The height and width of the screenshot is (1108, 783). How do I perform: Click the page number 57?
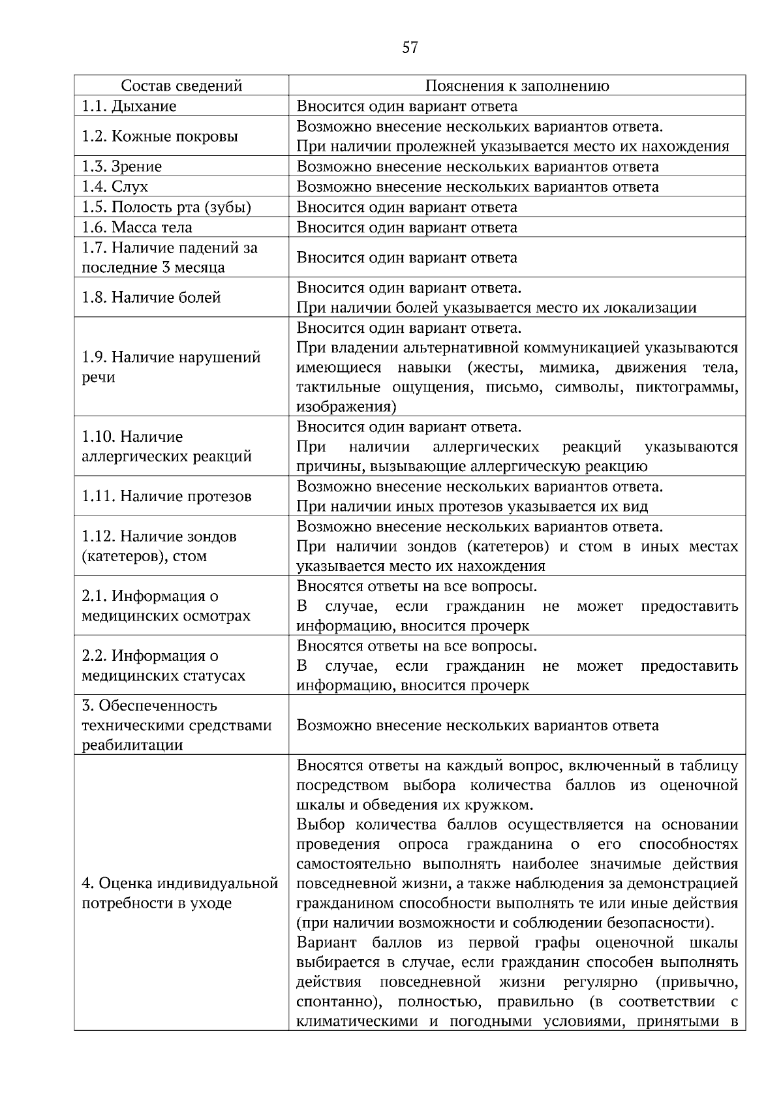coord(410,48)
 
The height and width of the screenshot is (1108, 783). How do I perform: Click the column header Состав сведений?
coord(182,86)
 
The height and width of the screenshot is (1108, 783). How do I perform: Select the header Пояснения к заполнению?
coord(517,86)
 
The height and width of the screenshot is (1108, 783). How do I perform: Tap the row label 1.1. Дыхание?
coord(129,106)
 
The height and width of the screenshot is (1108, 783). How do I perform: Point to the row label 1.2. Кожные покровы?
coord(159,136)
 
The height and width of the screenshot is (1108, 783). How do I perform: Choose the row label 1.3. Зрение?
coord(121,166)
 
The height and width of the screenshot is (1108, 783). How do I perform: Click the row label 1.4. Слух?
coord(115,187)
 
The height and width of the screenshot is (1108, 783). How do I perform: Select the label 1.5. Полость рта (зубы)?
coord(166,207)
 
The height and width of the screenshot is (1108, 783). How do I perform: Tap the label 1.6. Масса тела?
coord(137,227)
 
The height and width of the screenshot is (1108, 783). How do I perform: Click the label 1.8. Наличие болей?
coord(151,298)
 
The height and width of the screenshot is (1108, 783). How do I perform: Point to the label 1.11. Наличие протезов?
coord(166,497)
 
